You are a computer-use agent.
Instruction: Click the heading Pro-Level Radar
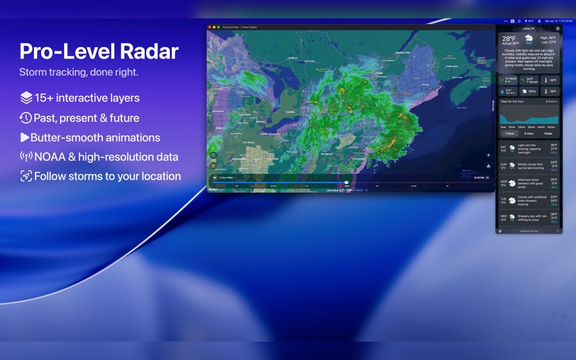[99, 52]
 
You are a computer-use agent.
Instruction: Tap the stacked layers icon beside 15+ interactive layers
[26, 98]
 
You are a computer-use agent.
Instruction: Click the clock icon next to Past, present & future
[25, 118]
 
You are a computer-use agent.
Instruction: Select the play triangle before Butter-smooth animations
[24, 138]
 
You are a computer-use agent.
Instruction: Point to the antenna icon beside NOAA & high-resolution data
[26, 157]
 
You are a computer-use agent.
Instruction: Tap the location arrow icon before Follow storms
[26, 176]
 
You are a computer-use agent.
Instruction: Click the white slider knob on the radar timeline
[347, 182]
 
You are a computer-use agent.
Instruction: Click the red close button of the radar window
[210, 27]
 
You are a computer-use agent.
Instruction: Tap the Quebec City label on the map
[403, 53]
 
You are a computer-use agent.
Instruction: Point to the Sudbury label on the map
[293, 58]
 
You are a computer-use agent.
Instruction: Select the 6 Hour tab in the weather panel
[529, 133]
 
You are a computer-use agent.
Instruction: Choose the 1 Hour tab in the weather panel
[510, 133]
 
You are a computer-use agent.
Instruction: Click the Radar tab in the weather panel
[548, 133]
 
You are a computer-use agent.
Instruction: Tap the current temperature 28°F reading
[509, 39]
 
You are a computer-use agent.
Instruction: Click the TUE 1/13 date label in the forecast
[503, 200]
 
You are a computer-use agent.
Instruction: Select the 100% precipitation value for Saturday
[554, 153]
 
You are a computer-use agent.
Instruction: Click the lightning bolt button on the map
[489, 155]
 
